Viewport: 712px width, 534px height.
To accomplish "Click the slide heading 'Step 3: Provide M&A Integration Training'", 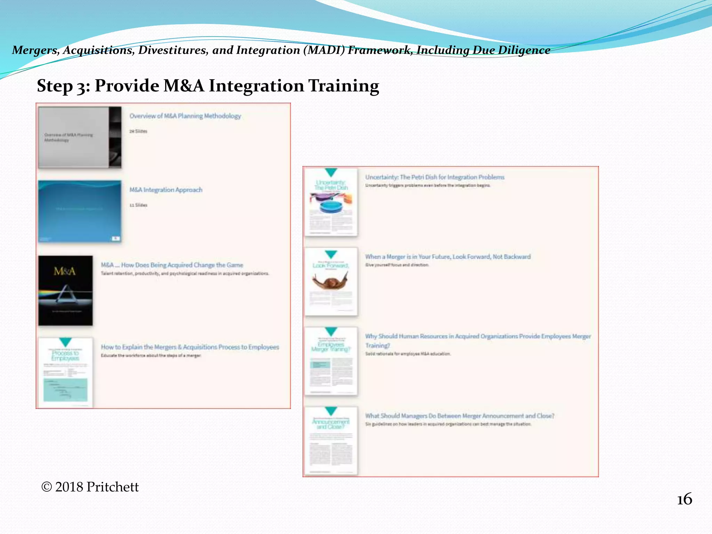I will (x=208, y=86).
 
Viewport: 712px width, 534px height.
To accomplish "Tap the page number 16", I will (x=684, y=499).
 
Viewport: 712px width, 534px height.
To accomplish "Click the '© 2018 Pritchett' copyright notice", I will (x=90, y=487).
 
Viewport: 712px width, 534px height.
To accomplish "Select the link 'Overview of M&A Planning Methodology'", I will (x=185, y=116).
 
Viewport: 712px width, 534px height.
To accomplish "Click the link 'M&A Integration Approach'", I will (x=165, y=190).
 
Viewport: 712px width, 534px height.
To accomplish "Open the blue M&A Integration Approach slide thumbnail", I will (x=80, y=211).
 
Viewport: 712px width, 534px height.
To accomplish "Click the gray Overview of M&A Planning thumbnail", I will (x=80, y=137).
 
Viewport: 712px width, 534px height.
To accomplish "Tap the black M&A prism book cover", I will (x=65, y=290).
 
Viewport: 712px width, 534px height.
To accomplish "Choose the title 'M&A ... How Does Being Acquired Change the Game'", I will (x=172, y=265).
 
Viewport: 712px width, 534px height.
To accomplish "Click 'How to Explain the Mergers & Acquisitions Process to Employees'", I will (x=190, y=347).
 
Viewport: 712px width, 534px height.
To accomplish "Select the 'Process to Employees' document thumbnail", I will (x=65, y=372).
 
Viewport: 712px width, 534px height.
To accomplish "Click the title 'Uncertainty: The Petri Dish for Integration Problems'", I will (x=435, y=177).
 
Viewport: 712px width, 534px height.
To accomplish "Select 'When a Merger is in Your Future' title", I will (x=448, y=257).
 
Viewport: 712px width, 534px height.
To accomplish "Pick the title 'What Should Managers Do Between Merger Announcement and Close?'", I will (x=460, y=416).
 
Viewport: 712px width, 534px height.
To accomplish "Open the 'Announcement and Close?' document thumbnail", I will (x=331, y=440).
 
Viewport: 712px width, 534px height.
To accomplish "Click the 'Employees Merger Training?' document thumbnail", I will (x=331, y=361).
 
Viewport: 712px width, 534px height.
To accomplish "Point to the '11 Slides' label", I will (x=138, y=205).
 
